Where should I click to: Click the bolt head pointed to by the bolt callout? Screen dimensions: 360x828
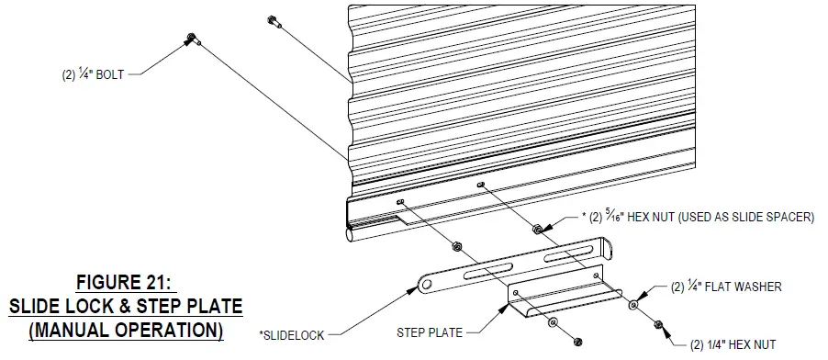(191, 38)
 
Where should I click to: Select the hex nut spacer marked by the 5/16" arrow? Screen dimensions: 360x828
(538, 224)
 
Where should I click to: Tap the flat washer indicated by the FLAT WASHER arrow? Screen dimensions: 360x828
(633, 302)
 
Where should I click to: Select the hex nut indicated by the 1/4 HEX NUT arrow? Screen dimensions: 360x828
(657, 323)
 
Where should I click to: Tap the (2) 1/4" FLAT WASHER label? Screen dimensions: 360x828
(726, 287)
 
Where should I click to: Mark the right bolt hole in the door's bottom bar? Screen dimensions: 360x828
(480, 186)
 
